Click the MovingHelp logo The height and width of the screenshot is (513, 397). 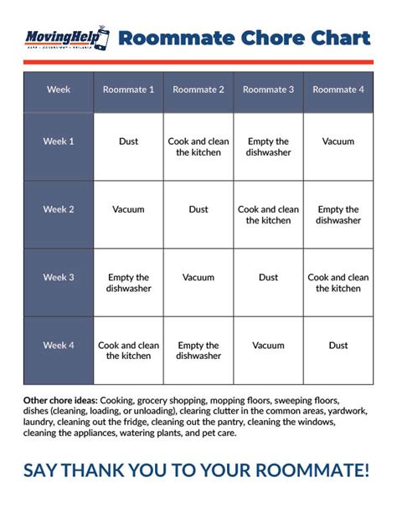66,38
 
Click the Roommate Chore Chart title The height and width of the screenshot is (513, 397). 244,38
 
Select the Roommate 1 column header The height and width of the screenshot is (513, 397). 128,90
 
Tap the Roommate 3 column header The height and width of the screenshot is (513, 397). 268,90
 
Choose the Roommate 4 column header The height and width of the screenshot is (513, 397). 338,90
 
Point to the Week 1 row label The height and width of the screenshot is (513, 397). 59,141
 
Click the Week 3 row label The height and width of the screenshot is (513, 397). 59,277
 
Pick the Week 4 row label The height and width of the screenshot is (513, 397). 59,345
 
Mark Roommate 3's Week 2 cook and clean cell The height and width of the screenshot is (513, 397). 268,215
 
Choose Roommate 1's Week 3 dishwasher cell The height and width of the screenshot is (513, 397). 128,283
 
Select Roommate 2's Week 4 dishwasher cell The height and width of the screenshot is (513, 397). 198,351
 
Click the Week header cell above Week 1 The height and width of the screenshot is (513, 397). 59,90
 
